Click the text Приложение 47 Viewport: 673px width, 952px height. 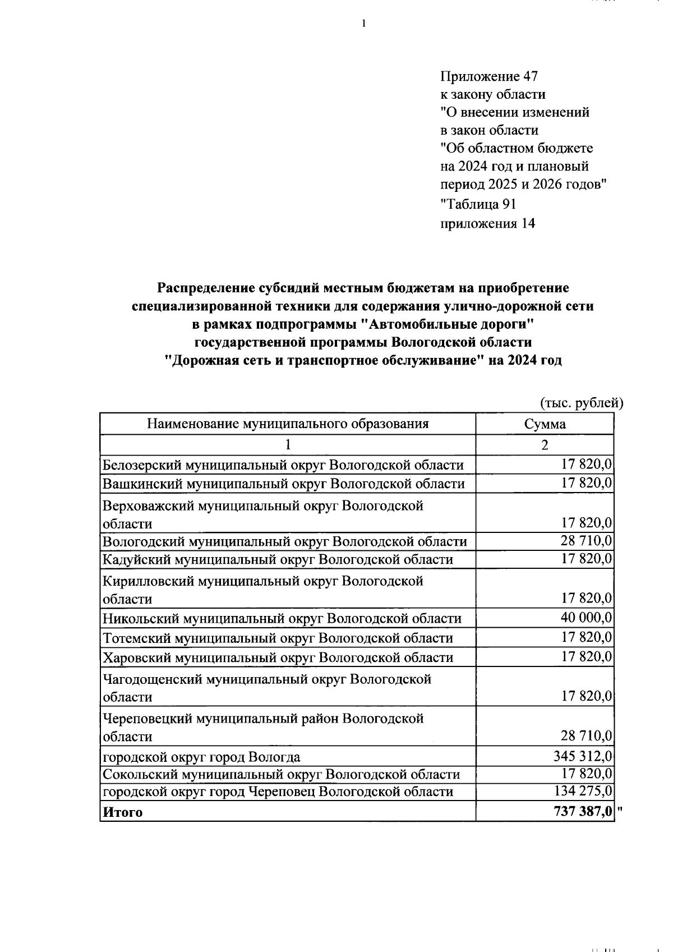coord(489,76)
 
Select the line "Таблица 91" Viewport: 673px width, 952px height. coord(478,204)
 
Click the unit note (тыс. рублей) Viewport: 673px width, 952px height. coord(582,403)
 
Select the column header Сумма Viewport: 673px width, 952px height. coord(545,424)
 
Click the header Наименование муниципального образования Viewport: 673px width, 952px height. coord(288,424)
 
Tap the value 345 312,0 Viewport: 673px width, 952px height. coord(583,756)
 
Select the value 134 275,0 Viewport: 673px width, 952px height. coord(583,791)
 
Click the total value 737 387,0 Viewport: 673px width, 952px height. coord(583,812)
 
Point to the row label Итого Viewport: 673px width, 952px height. coord(122,812)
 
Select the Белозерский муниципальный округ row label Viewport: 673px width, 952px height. coord(283,465)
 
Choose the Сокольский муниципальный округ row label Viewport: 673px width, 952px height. coord(281,775)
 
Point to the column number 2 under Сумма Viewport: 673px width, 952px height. coord(545,445)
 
